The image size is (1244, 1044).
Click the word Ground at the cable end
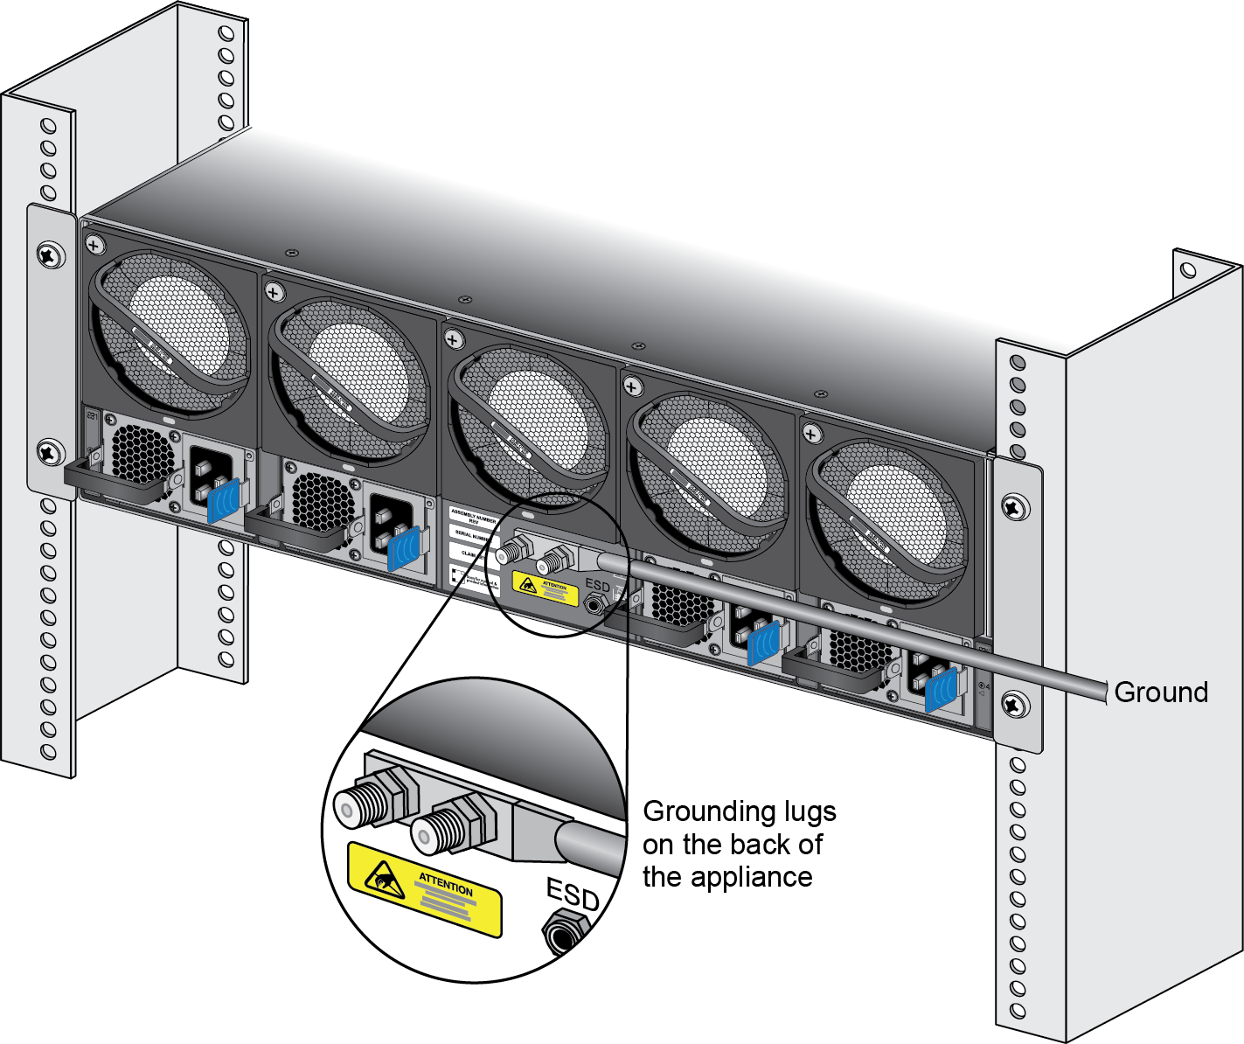coord(1161,693)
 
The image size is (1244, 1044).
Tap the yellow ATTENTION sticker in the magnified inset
coord(425,888)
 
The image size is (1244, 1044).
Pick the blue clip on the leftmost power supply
coord(223,500)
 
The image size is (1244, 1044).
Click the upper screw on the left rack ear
coord(49,254)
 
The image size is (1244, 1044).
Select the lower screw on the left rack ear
coord(49,452)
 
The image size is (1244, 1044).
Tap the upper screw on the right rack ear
coord(1014,506)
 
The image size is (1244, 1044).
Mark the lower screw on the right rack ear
coord(1014,702)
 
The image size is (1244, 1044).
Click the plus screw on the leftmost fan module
coord(93,247)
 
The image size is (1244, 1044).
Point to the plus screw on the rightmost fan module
coord(811,434)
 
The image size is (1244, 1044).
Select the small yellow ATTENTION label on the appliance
coord(546,588)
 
